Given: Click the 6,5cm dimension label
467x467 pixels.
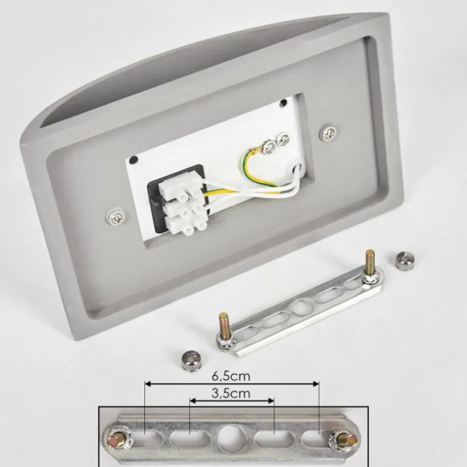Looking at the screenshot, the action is click(231, 376).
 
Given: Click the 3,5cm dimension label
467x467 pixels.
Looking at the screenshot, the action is click(231, 394).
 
